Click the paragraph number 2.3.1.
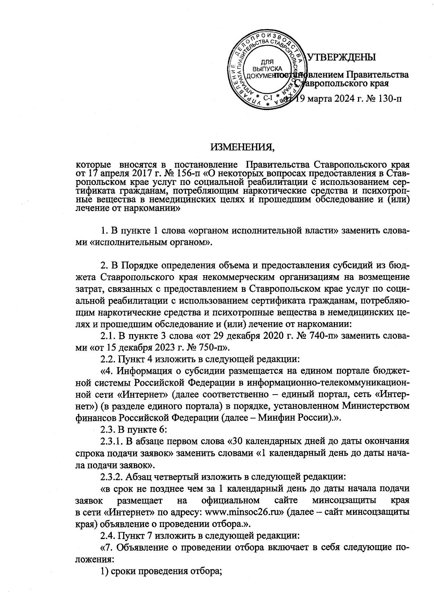[x=112, y=441]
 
